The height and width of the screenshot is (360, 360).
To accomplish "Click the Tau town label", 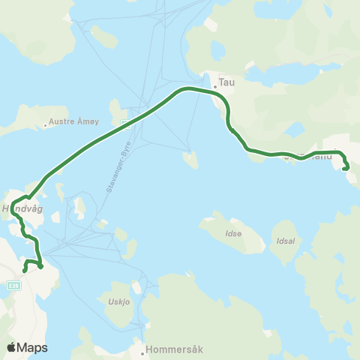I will point(226,83).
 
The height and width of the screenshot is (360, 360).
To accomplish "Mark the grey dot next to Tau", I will point(215,86).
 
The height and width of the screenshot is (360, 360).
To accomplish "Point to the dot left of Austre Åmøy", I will point(45,124).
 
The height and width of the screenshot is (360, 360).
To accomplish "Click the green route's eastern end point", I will point(344,169).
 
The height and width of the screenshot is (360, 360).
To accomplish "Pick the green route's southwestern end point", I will point(25,271).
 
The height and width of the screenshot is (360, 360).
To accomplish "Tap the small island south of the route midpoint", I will point(191,160).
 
